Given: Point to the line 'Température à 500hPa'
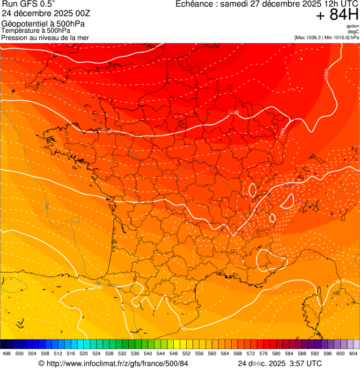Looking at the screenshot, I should click(x=39, y=30).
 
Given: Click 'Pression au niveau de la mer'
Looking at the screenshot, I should click(x=45, y=37).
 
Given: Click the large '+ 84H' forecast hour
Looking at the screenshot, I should click(x=337, y=15).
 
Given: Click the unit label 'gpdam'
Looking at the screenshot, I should click(x=353, y=26).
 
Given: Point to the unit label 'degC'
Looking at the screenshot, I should click(x=353, y=31).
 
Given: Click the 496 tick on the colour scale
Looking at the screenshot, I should click(x=7, y=353).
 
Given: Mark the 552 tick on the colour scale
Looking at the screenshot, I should click(x=186, y=353).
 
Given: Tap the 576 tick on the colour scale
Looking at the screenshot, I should click(x=264, y=353).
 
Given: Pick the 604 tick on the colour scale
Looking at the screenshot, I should click(x=353, y=353).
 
